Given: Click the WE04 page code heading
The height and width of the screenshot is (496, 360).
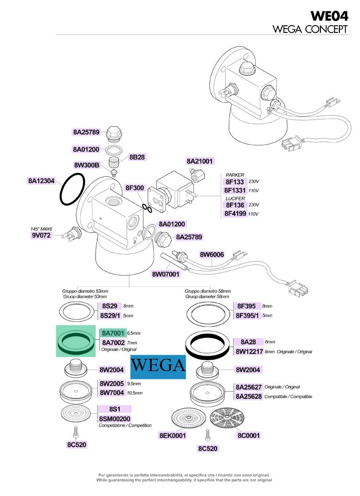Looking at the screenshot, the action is (x=329, y=16).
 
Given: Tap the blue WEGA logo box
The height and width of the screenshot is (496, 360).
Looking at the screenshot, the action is (x=158, y=366).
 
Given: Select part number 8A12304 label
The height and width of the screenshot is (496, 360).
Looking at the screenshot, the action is (x=41, y=181).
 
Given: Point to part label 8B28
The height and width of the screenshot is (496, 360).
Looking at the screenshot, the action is (x=137, y=157).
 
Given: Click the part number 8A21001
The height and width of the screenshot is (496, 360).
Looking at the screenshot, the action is (x=200, y=161).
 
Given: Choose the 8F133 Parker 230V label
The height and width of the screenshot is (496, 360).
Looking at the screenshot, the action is (x=235, y=182).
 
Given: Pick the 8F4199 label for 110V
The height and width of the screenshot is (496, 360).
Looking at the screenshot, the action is (x=235, y=213).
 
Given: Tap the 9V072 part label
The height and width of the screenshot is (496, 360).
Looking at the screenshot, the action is (x=41, y=235).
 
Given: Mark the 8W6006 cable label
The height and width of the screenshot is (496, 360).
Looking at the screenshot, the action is (x=211, y=254).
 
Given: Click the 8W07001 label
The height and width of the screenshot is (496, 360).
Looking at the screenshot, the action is (x=166, y=274).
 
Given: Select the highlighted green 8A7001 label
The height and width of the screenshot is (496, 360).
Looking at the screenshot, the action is (x=113, y=333).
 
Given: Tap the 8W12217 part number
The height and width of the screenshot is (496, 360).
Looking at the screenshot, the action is (x=249, y=352).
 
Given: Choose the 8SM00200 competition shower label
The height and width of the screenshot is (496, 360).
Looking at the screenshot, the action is (x=115, y=419).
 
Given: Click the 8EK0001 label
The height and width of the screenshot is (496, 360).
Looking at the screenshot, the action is (x=172, y=435).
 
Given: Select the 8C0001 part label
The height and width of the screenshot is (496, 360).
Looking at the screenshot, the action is (x=248, y=435).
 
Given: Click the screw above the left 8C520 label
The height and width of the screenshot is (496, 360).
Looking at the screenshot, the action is (x=76, y=432).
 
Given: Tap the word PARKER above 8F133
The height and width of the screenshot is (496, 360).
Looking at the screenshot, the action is (x=235, y=175).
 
